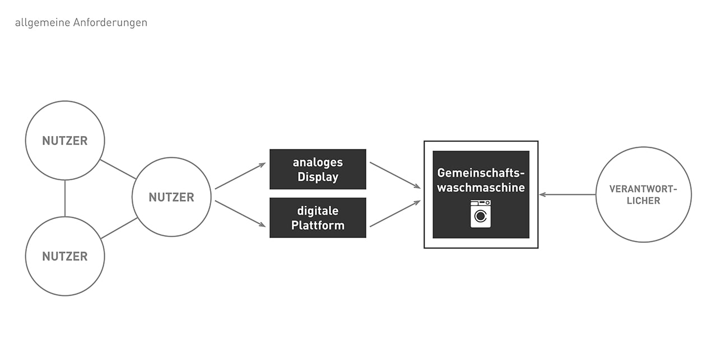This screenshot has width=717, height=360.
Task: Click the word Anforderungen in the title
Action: coord(110,23)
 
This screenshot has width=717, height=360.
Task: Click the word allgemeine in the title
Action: coord(43,23)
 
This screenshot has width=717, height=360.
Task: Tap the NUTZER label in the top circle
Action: coord(65,141)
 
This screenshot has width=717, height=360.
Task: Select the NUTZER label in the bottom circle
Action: coord(65,256)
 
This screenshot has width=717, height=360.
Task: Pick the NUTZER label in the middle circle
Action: coord(171,198)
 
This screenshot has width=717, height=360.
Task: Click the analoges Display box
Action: coord(318,169)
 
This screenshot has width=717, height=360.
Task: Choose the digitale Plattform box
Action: coord(318,218)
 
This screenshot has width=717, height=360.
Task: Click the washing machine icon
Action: coord(481,214)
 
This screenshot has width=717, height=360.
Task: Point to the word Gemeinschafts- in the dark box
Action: coord(481,173)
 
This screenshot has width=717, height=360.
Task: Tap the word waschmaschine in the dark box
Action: coord(481,188)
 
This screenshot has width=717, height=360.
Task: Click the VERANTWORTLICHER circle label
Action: coord(644,195)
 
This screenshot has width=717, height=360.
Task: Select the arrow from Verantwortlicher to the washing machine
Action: coord(567,194)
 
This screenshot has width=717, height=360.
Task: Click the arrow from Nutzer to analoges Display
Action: coord(240,176)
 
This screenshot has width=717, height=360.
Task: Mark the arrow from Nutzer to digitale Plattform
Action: coord(240,214)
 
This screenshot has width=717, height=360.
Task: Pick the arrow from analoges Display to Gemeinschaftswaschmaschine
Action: coord(395,175)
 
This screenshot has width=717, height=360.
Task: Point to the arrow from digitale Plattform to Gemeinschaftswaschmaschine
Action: coord(395,214)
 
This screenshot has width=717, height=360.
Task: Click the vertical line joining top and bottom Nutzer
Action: coord(65,198)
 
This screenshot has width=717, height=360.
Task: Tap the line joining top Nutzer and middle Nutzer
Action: coord(118,169)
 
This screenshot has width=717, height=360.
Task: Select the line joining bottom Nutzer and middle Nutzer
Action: coord(119,228)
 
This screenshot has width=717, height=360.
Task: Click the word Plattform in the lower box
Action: coord(318,226)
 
